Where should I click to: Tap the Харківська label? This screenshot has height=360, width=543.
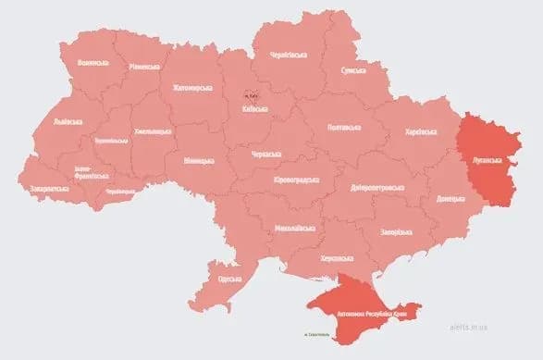pyautogui.click(x=422, y=132)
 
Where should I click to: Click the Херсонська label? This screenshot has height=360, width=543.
pyautogui.click(x=334, y=259)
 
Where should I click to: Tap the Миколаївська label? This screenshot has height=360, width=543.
pyautogui.click(x=296, y=228)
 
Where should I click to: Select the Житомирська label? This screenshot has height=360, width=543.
pyautogui.click(x=192, y=89)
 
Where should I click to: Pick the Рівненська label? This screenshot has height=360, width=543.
pyautogui.click(x=145, y=68)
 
